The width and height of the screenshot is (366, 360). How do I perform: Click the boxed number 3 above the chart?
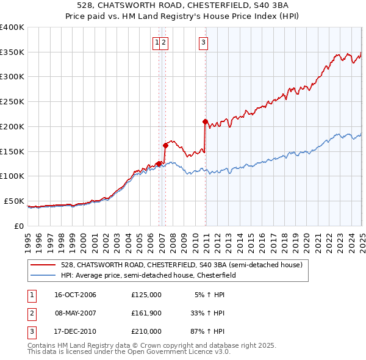click(203, 42)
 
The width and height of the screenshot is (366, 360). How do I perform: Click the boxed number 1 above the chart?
click(157, 42)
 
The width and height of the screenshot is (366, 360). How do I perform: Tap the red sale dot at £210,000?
click(205, 121)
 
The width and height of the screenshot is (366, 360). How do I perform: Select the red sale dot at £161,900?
click(165, 145)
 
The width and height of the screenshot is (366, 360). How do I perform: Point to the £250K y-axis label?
click(12, 101)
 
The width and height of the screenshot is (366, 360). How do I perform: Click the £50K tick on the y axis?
click(14, 201)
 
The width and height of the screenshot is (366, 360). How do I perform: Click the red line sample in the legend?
click(42, 265)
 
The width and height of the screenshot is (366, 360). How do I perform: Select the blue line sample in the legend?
click(42, 275)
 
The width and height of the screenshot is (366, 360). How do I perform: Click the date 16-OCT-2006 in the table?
click(76, 295)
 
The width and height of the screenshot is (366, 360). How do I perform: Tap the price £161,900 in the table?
click(146, 313)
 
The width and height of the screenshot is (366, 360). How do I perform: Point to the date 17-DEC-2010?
click(76, 331)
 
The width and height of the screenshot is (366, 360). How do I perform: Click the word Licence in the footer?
click(195, 352)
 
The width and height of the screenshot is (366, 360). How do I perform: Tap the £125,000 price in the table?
click(146, 295)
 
